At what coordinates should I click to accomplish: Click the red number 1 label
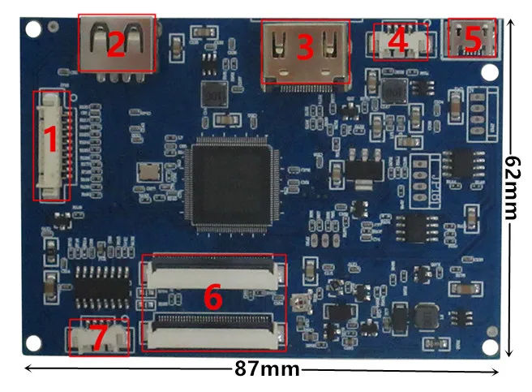click(49, 142)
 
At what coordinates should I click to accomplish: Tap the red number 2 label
click(115, 44)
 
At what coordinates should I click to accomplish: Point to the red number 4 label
click(397, 38)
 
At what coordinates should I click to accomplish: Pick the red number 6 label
click(212, 298)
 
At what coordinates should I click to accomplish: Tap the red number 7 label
click(98, 338)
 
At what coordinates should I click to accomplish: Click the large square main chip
click(231, 186)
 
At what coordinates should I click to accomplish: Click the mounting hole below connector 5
click(488, 71)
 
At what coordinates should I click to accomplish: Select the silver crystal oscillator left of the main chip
click(150, 172)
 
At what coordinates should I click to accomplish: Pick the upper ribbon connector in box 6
click(212, 273)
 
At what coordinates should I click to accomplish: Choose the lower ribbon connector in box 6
click(214, 330)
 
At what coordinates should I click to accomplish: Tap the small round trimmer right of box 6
click(302, 304)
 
